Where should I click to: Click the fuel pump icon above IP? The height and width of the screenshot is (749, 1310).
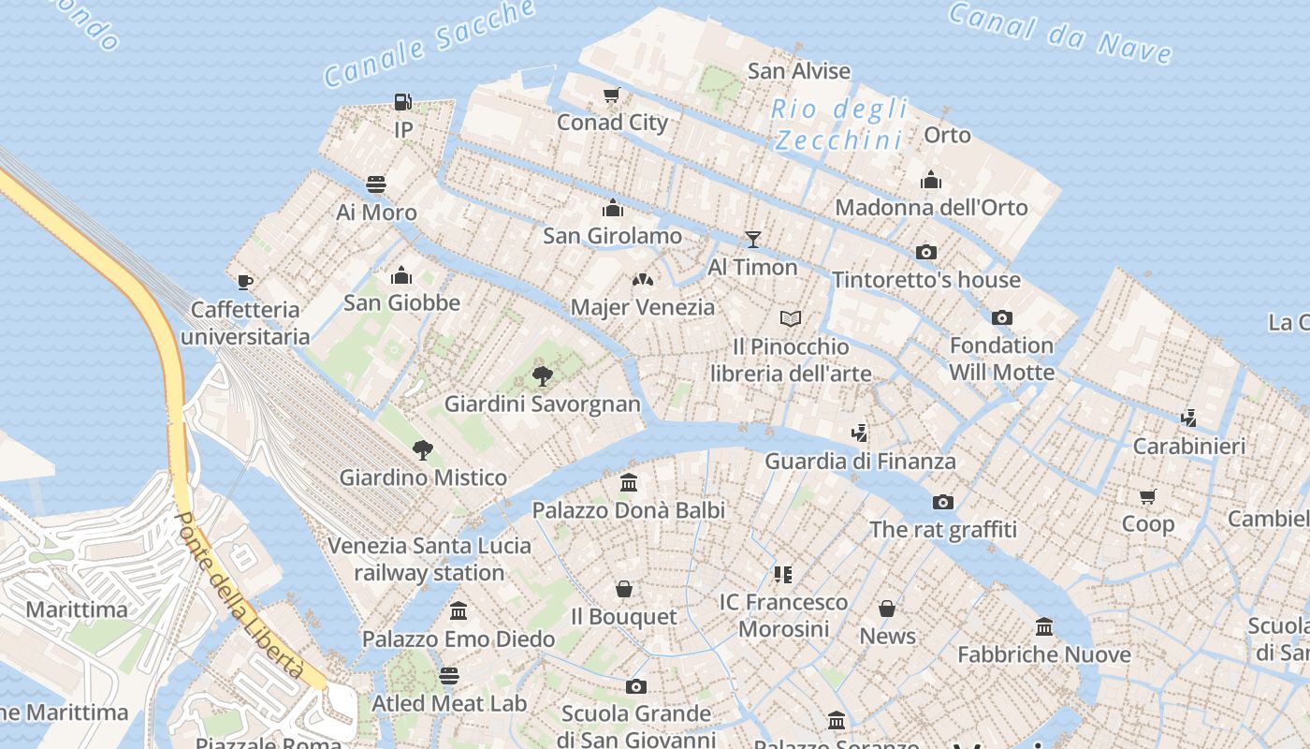(403, 101)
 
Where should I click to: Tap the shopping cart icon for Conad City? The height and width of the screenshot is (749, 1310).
(612, 95)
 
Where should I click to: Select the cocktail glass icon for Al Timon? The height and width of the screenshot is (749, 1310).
(752, 240)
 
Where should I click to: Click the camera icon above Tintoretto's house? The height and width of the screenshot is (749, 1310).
(926, 252)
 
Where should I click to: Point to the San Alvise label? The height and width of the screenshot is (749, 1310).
(799, 71)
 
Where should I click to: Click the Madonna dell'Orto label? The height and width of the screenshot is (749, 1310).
(931, 207)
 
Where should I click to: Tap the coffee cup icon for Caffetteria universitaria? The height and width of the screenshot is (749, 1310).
(245, 281)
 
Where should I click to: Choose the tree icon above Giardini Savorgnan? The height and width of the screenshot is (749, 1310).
(542, 376)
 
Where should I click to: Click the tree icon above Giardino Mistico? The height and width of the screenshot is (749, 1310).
(423, 449)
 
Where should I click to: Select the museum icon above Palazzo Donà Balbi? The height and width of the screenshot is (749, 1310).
(629, 483)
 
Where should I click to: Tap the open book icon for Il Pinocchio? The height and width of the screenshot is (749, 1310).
(791, 319)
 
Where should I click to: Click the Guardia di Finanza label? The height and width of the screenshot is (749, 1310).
(860, 461)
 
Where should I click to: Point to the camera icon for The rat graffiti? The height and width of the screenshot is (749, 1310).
(943, 502)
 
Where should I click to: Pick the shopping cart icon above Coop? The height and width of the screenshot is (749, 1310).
(1148, 496)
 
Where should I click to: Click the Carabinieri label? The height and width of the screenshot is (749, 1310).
(1188, 446)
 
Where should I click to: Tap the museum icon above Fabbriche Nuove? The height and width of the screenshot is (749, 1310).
(1044, 626)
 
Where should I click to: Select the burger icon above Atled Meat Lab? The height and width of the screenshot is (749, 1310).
(449, 675)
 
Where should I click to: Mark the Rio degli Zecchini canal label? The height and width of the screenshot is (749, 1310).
(839, 125)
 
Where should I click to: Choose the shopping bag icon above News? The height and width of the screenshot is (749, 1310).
(887, 609)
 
